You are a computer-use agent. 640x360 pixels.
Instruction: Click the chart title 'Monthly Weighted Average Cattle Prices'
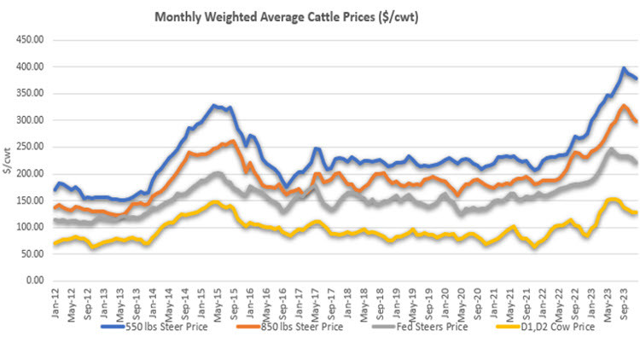[281, 16]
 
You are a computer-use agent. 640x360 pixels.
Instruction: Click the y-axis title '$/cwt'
[8, 160]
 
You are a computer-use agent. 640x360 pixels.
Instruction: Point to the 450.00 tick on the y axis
[29, 40]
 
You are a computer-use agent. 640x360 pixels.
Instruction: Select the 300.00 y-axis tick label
[29, 120]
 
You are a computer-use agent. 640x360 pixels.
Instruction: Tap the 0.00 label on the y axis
[34, 280]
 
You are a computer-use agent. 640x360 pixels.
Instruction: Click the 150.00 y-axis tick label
[29, 200]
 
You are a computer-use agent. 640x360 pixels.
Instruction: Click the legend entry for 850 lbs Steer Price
[295, 326]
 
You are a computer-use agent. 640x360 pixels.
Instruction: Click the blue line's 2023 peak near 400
[624, 68]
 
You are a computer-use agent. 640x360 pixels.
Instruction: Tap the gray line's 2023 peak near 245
[609, 150]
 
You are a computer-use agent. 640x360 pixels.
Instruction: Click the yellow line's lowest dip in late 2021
[534, 247]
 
